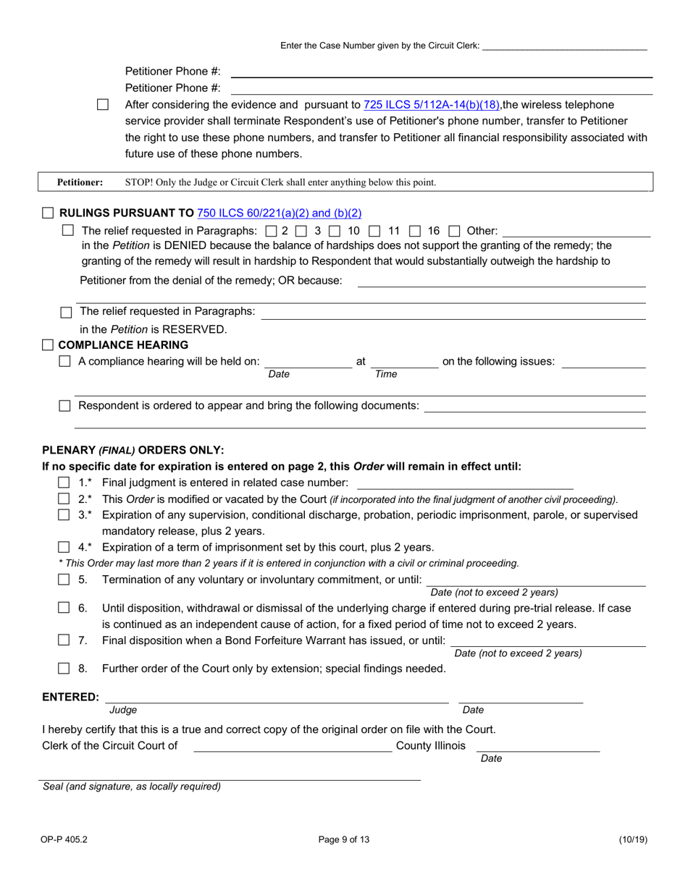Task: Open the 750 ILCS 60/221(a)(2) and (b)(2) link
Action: point(279,213)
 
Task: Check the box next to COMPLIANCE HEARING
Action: point(48,344)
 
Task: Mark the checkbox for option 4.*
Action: point(64,547)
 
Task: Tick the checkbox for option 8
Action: point(64,669)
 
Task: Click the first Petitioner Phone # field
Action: point(441,72)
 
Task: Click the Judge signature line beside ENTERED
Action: point(277,697)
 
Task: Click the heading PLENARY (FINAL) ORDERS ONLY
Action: point(133,449)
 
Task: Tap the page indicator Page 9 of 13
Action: point(344,840)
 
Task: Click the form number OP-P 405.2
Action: point(65,840)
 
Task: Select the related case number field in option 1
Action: point(464,483)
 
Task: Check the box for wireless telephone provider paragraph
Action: point(103,105)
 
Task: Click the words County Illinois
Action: point(431,746)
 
